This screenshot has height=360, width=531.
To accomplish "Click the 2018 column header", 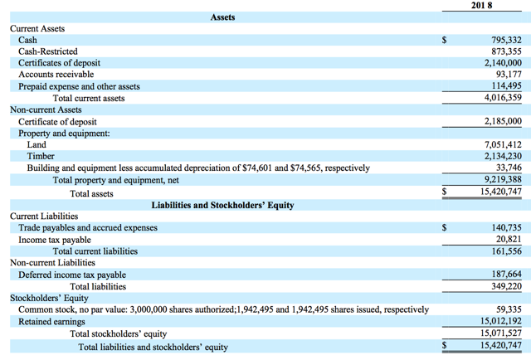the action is [x=481, y=6].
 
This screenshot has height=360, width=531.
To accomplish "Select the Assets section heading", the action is [x=222, y=17].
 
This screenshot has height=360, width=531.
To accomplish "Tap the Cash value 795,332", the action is [x=507, y=40].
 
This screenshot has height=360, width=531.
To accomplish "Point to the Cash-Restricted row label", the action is [x=48, y=51].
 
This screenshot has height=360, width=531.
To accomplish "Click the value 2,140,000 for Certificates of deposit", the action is [x=503, y=63].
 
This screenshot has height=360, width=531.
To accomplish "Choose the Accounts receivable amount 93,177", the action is [x=509, y=74].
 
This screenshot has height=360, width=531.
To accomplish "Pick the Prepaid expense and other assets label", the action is [x=79, y=87].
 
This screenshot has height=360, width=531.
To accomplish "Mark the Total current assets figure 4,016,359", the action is [x=503, y=98].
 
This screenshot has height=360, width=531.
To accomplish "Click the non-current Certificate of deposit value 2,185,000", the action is [x=503, y=121].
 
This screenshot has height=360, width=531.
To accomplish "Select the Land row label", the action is [x=37, y=144].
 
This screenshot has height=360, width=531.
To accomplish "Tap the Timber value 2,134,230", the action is [x=503, y=156].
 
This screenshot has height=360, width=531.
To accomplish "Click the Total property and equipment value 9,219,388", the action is [x=503, y=179].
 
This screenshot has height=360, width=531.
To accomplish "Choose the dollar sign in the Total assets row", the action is [x=445, y=192].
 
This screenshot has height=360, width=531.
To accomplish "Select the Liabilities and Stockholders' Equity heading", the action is [x=222, y=205].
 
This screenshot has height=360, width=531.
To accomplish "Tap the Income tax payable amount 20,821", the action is [x=509, y=239].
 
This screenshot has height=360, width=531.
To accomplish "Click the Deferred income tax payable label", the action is [x=72, y=275].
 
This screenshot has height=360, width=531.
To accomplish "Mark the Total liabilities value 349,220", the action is [x=507, y=286].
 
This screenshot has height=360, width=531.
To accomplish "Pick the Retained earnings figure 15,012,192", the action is [x=501, y=321].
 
